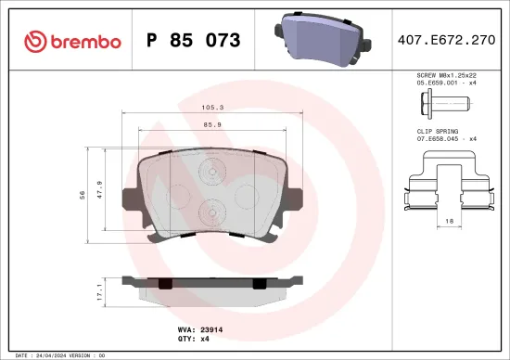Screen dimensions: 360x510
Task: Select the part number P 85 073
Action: (x=194, y=41)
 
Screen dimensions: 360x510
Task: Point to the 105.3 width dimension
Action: (x=213, y=107)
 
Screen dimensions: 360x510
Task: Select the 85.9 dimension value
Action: (x=212, y=124)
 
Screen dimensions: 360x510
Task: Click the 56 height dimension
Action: (x=83, y=194)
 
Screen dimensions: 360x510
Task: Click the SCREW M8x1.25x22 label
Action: (x=446, y=75)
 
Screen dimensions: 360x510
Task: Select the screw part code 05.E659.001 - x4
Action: (x=446, y=83)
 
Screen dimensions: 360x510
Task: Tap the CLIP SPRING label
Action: (x=436, y=131)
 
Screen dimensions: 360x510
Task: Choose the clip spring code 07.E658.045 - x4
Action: (x=446, y=139)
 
